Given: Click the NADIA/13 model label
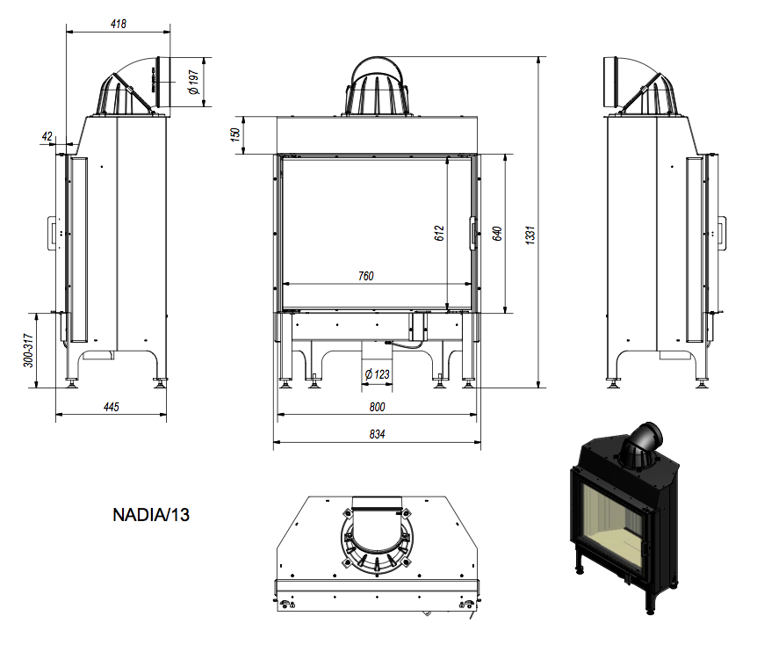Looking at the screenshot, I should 150,514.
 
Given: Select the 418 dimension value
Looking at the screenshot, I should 119,24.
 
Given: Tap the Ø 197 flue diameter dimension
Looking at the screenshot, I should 194,83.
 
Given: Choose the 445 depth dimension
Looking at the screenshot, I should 111,407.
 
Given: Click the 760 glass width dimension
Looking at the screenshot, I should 365,276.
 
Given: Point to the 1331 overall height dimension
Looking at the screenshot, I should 530,235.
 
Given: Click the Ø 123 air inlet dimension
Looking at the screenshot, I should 378,374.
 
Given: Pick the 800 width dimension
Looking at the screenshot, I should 377,407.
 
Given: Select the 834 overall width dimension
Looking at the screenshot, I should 377,434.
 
